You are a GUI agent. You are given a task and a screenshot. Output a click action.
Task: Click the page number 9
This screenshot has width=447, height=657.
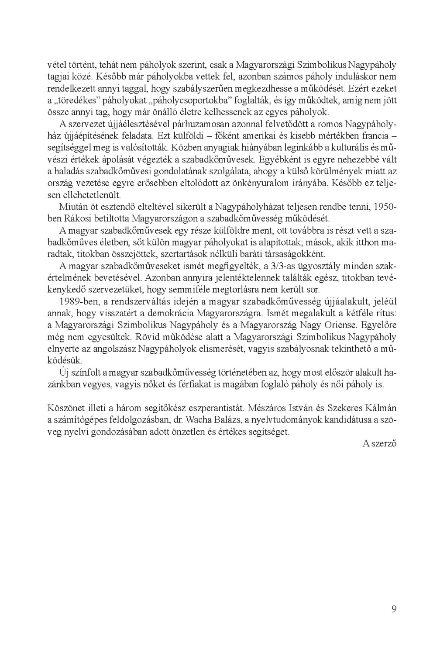point(394,609)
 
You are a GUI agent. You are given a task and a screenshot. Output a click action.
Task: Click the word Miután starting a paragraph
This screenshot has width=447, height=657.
point(71,206)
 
